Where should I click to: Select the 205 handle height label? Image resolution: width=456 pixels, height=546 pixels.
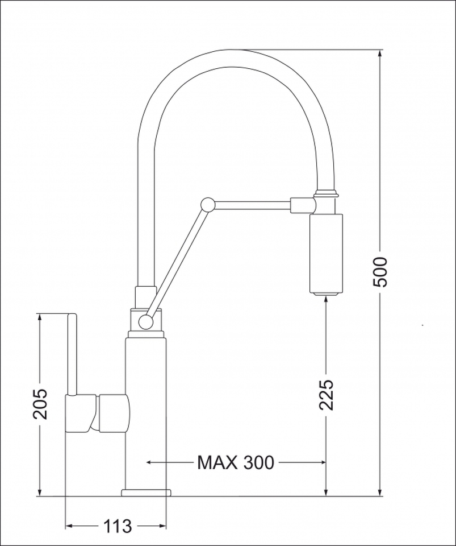pyautogui.click(x=40, y=403)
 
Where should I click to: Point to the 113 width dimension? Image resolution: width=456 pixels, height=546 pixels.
pyautogui.click(x=118, y=526)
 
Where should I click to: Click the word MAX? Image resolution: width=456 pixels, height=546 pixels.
pyautogui.click(x=217, y=462)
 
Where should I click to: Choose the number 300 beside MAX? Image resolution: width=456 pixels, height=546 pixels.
pyautogui.click(x=258, y=462)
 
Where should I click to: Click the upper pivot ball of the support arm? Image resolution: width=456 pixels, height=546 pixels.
pyautogui.click(x=207, y=205)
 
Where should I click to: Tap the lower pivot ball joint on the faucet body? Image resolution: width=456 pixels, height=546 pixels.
pyautogui.click(x=145, y=322)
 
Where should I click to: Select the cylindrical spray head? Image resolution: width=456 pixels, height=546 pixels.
pyautogui.click(x=325, y=255)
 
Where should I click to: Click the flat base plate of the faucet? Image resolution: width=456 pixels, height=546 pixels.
pyautogui.click(x=147, y=493)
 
